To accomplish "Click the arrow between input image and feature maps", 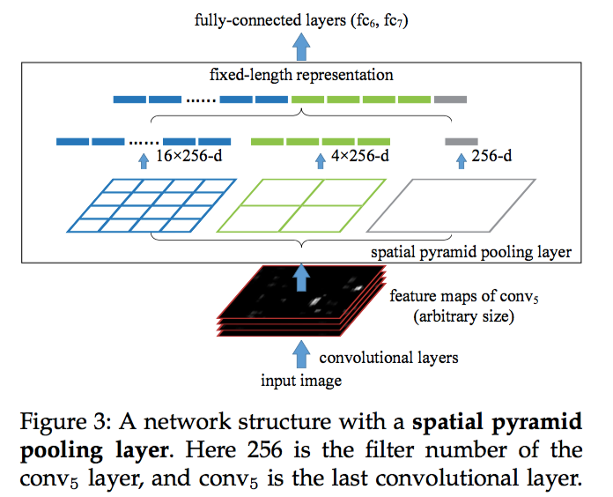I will click(301, 354).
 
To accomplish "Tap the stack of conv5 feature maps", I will click(299, 300).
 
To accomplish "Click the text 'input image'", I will click(300, 381).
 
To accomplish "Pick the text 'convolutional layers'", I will click(388, 358).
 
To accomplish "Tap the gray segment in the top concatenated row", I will click(450, 100).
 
